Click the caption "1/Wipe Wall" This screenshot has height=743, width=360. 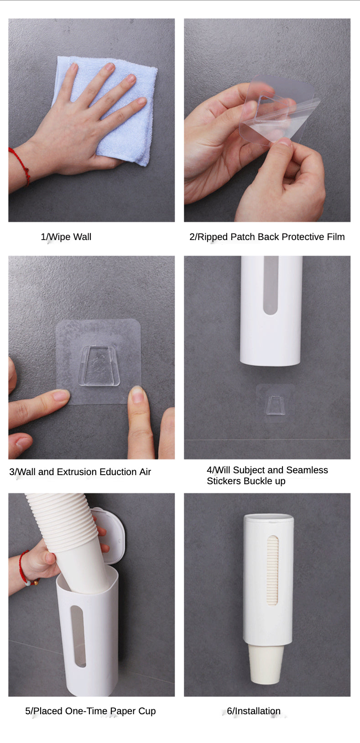pos(66,237)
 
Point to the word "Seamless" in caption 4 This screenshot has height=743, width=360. pos(307,470)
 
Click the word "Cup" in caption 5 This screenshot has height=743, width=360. pos(147,711)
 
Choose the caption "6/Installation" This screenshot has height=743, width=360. pos(254,711)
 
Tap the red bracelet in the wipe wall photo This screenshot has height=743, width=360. pos(21,165)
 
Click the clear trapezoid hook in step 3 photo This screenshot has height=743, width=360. pos(99,366)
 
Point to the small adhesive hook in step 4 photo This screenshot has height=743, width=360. pos(276,405)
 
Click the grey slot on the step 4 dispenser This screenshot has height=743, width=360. pos(271,285)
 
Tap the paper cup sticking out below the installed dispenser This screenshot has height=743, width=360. pos(266,664)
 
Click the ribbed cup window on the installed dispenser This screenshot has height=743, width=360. pos(272,570)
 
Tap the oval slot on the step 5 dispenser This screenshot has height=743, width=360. pos(78,636)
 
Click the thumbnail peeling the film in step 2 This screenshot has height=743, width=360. pos(283,142)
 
